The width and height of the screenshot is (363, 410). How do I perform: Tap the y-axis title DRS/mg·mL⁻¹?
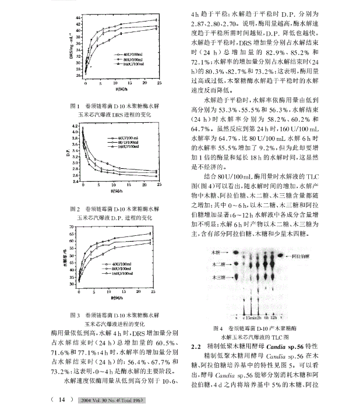pos(70,47)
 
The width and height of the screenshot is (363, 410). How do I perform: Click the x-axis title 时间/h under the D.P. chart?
pos(118,190)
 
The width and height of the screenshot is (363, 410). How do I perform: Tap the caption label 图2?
pos(74,208)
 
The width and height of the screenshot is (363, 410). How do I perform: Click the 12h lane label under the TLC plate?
pos(272,318)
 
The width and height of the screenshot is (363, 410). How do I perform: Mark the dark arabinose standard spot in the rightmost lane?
pos(280,256)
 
